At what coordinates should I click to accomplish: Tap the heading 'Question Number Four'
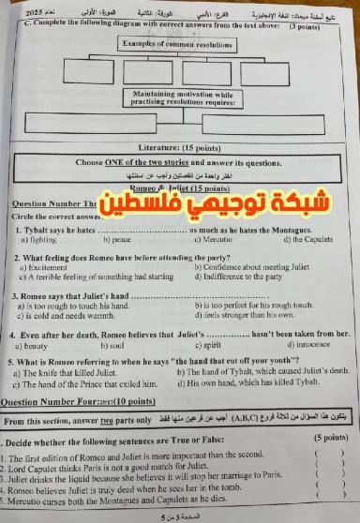pos(63,402)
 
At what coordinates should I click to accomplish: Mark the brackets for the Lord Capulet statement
pos(329,466)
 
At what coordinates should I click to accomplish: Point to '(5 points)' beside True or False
pos(329,437)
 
